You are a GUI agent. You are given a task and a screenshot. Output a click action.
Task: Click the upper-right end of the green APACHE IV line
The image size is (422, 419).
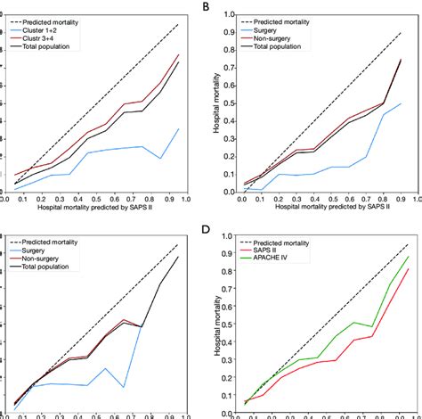pos(408,257)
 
